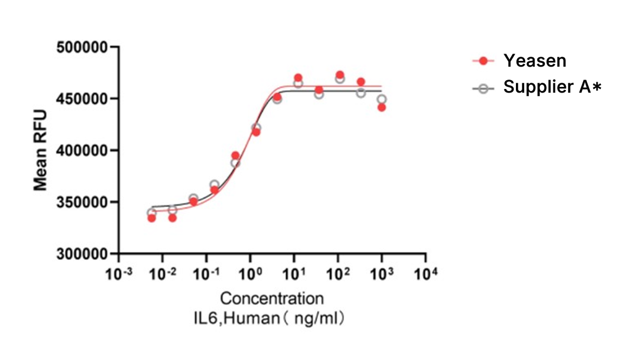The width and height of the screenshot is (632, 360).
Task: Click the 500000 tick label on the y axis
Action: [83, 47]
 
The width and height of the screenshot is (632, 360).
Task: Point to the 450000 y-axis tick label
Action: [83, 99]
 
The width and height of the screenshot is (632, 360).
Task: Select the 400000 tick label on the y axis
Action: [83, 150]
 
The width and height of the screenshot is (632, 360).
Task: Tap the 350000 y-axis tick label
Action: [83, 202]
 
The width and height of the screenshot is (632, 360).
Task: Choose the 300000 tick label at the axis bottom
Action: [83, 254]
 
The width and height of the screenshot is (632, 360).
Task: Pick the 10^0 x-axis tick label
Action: [250, 273]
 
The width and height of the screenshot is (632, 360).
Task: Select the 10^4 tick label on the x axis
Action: [426, 273]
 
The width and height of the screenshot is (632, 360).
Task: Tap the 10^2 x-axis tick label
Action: [338, 273]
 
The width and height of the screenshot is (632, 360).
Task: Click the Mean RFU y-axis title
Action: [41, 150]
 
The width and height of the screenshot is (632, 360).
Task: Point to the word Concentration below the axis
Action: [272, 299]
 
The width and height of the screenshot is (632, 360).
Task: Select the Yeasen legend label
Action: [535, 61]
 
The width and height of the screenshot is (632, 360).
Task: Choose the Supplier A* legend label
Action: [552, 87]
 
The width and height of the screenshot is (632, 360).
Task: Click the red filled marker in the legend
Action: [484, 61]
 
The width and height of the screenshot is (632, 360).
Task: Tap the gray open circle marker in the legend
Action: [484, 88]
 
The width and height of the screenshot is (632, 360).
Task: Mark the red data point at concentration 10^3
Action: [382, 107]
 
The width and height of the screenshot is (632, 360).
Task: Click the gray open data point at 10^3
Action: [382, 99]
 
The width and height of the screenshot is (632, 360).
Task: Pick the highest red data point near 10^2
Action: [340, 75]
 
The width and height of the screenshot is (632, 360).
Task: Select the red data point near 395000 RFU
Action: [235, 156]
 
